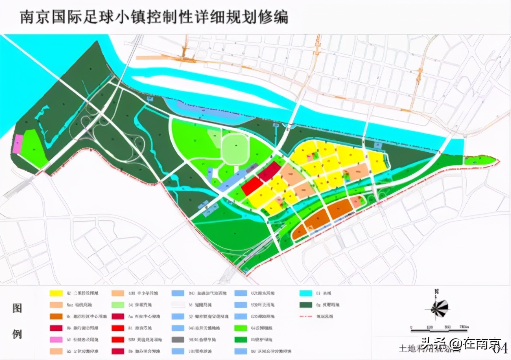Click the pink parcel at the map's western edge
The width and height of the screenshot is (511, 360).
click(17, 144)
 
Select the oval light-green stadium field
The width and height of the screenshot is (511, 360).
click(235, 149)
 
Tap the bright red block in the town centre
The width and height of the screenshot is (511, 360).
click(252, 187)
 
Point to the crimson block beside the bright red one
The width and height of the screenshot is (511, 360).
click(269, 171)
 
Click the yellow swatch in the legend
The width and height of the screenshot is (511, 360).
click(56, 293)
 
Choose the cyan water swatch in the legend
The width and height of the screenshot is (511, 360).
click(306, 293)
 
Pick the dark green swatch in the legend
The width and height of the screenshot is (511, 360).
click(306, 305)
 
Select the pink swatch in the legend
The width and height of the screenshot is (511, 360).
click(56, 339)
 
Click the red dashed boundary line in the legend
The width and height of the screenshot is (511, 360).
click(306, 316)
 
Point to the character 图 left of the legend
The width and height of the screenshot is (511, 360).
click(17, 308)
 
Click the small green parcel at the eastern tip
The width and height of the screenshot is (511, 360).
click(480, 160)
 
